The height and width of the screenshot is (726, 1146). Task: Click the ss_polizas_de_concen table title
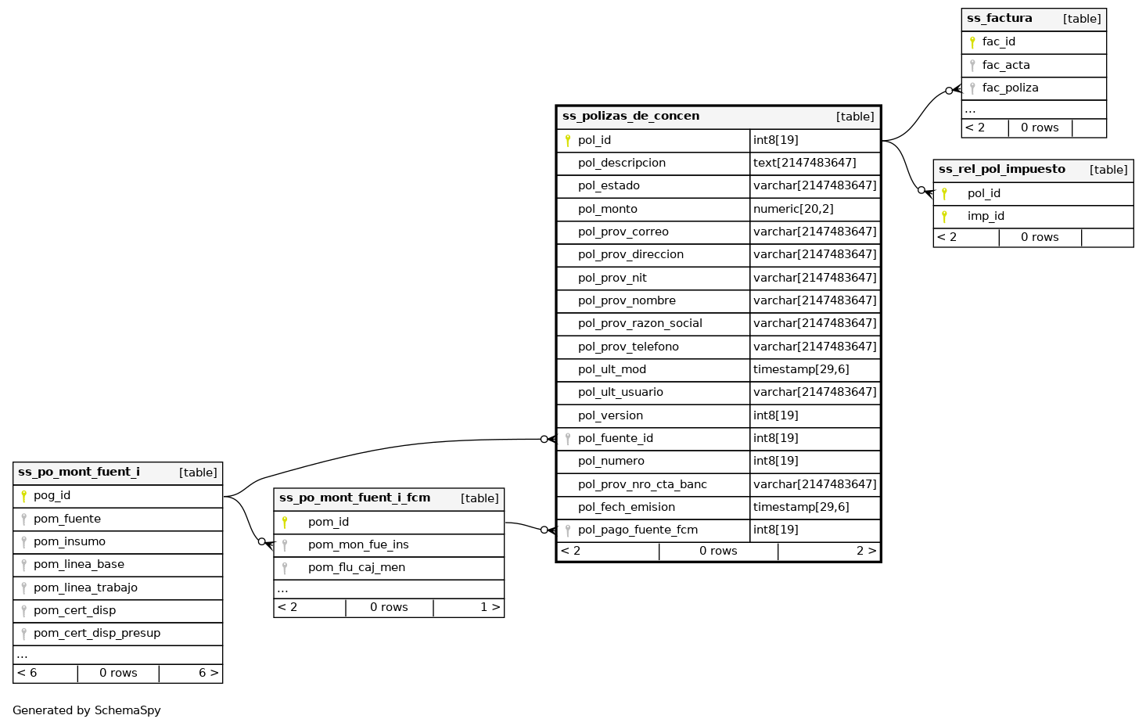click(630, 117)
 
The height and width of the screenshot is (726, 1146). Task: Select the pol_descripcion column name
click(621, 164)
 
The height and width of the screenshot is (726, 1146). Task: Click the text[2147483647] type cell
click(804, 164)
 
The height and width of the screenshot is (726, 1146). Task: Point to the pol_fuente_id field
click(615, 439)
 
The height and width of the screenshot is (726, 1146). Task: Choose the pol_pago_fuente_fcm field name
click(638, 530)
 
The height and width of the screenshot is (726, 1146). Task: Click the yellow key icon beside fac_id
click(972, 42)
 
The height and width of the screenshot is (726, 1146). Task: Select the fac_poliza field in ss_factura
click(1010, 88)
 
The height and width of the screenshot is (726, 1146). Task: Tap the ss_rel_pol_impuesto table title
click(1001, 170)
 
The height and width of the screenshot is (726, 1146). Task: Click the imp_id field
click(986, 217)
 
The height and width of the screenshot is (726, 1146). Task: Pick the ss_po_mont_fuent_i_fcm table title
click(354, 498)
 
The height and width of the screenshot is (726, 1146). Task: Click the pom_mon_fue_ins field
click(358, 545)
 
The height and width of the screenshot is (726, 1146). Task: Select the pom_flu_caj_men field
click(357, 568)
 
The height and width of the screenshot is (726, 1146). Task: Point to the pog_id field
click(52, 496)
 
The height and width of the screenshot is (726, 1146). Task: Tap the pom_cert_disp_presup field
click(97, 634)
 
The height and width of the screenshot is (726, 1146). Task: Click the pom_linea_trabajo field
click(85, 588)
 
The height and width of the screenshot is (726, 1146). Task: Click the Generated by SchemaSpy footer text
click(87, 711)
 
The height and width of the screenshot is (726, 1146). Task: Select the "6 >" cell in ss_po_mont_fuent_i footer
click(208, 674)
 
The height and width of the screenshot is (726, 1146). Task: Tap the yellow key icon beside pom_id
click(285, 523)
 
